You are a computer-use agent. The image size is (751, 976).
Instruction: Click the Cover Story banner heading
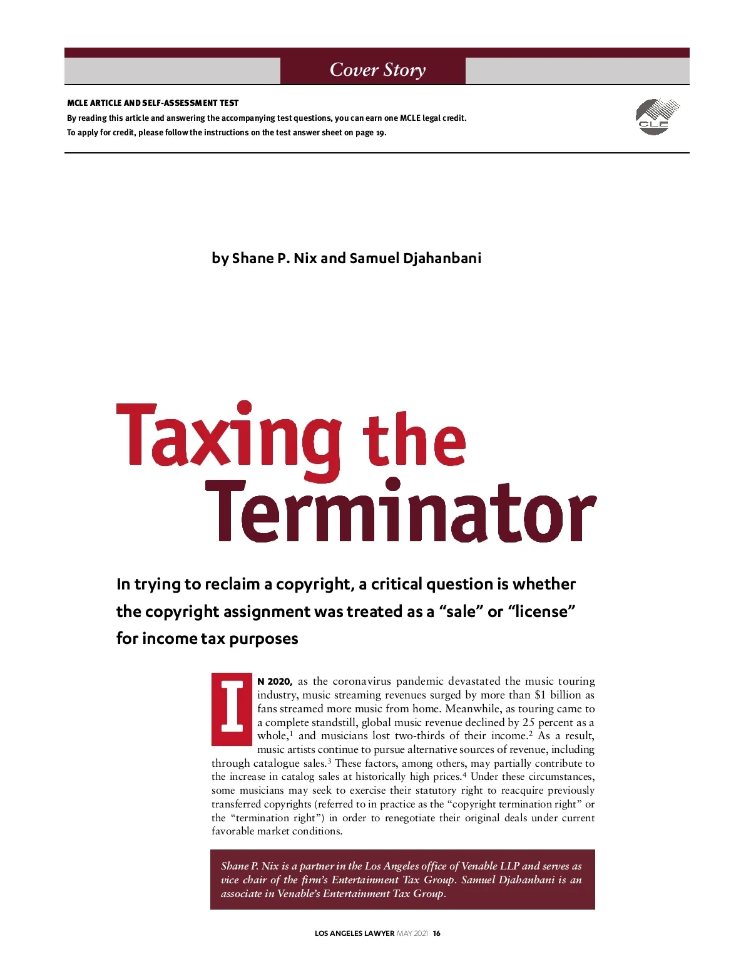[x=377, y=70]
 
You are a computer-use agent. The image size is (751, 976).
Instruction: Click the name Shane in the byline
[x=252, y=258]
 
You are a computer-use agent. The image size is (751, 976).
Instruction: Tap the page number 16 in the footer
[x=437, y=933]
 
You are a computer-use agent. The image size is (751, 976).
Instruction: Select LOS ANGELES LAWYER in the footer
[x=354, y=933]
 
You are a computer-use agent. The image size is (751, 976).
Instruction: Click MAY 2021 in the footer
[x=412, y=933]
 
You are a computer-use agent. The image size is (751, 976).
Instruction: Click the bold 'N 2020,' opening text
[x=275, y=682]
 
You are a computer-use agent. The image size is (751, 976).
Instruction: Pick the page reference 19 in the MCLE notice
[x=381, y=133]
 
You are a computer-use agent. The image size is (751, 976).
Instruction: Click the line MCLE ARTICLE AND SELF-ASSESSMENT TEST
[x=153, y=103]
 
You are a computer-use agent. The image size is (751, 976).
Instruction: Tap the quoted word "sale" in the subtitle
[x=461, y=611]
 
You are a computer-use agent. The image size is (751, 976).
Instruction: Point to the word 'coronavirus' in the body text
[x=362, y=682]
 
